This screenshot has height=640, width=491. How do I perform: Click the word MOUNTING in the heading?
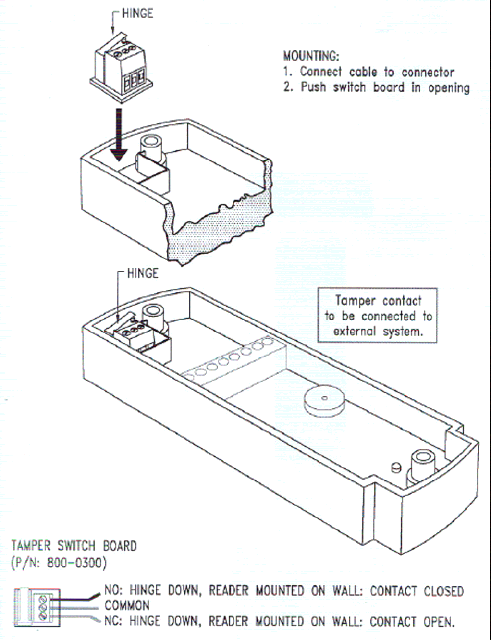pyautogui.click(x=310, y=56)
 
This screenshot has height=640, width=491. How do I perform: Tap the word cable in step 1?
pyautogui.click(x=363, y=72)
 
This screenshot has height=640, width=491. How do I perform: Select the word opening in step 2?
pyautogui.click(x=449, y=87)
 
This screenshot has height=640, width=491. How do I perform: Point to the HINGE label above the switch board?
pyautogui.click(x=137, y=13)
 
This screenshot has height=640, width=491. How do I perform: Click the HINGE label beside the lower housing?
pyautogui.click(x=142, y=274)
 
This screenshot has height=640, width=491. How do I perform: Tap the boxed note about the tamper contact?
pyautogui.click(x=378, y=316)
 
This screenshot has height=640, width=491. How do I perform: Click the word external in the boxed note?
pyautogui.click(x=355, y=331)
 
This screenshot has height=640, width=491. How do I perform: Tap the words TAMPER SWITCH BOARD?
pyautogui.click(x=74, y=546)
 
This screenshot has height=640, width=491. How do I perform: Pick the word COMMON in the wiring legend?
pyautogui.click(x=127, y=605)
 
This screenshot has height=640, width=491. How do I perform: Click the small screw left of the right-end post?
pyautogui.click(x=397, y=467)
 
